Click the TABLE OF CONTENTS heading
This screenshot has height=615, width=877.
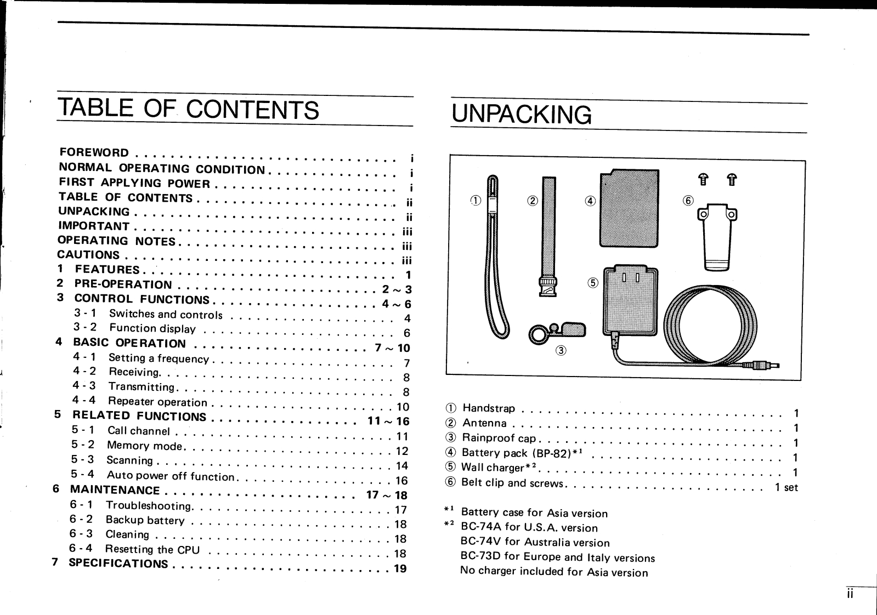(189, 109)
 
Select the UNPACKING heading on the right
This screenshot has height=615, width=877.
(522, 115)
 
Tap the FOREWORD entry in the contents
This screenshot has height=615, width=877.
(94, 152)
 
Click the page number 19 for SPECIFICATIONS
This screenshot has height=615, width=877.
(400, 568)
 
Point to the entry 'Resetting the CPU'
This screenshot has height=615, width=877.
(152, 549)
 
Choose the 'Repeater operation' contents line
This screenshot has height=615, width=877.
(157, 402)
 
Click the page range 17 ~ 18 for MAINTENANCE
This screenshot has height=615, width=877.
(387, 496)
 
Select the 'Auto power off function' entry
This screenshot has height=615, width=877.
(171, 476)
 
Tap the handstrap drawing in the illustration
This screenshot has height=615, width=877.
(497, 258)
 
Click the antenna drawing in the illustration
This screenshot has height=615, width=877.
(548, 236)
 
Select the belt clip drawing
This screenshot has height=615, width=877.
(717, 235)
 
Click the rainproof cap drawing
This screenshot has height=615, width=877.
(557, 332)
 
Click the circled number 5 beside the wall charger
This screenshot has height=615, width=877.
(593, 283)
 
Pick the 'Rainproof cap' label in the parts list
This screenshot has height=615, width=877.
(499, 438)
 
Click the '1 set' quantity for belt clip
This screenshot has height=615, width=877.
(786, 487)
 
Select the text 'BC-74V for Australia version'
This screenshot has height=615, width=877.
(535, 543)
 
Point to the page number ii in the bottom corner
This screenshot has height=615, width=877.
(849, 595)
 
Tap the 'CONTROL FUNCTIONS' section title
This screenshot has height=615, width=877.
(142, 299)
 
